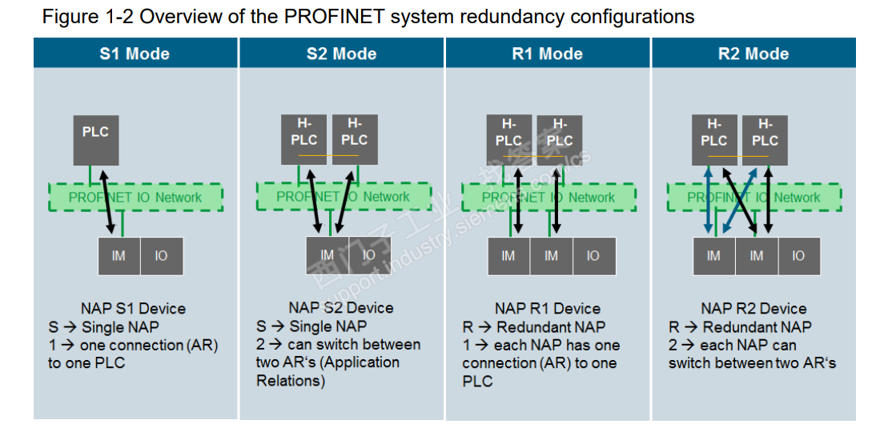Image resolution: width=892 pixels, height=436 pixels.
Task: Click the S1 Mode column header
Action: (x=135, y=54)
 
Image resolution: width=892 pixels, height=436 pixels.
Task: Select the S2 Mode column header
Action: (x=342, y=54)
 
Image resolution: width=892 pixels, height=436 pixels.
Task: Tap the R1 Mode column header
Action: (x=548, y=54)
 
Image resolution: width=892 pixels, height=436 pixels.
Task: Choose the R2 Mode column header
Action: (x=753, y=54)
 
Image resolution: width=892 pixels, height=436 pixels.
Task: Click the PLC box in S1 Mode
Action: (x=95, y=140)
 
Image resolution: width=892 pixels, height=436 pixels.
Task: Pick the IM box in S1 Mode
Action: (x=119, y=257)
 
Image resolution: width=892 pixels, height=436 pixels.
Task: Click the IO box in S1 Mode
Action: (x=161, y=257)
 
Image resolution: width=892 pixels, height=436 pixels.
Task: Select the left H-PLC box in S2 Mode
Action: (x=303, y=139)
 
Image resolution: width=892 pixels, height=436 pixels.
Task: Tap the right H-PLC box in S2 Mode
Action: (x=354, y=139)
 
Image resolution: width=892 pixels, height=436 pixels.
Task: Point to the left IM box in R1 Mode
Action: (x=508, y=256)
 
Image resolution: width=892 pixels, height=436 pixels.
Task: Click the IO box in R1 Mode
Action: (x=593, y=256)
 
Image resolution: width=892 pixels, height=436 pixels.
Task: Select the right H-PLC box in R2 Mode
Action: (x=765, y=139)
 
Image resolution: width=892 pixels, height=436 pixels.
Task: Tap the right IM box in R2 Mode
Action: (x=757, y=256)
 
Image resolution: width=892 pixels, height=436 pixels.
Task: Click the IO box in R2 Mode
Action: (x=798, y=256)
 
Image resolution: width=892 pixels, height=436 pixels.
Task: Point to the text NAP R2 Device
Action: (x=753, y=309)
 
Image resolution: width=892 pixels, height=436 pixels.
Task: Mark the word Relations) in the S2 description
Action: (x=290, y=381)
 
